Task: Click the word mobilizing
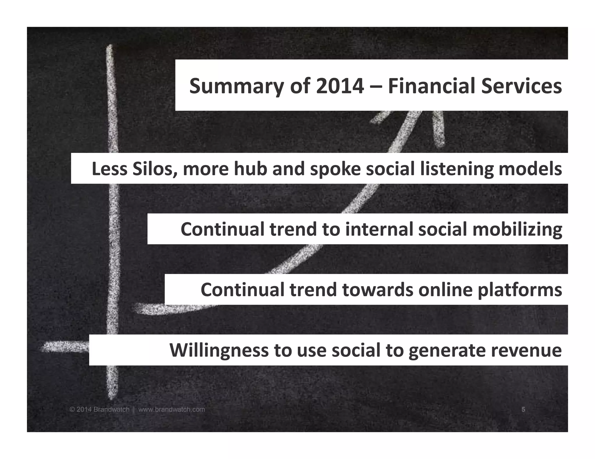(x=517, y=229)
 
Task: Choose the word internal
(x=379, y=229)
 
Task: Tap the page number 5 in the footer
(x=523, y=409)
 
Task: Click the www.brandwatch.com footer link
(x=171, y=409)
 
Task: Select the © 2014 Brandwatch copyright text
(x=99, y=409)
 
